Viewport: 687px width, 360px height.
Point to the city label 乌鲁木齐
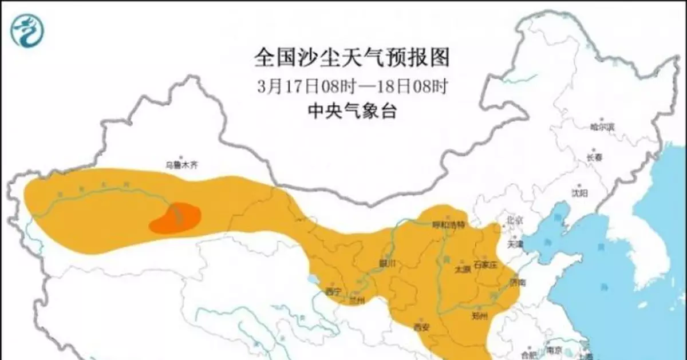coord(181,165)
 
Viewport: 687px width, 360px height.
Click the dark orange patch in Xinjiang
coord(176,218)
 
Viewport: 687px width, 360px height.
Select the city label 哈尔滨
coord(603,126)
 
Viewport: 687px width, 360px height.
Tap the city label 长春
coord(594,157)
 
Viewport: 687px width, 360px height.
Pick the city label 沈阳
coord(579,193)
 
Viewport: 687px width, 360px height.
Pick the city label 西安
coord(421,328)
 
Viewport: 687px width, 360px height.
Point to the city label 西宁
coord(333,291)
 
